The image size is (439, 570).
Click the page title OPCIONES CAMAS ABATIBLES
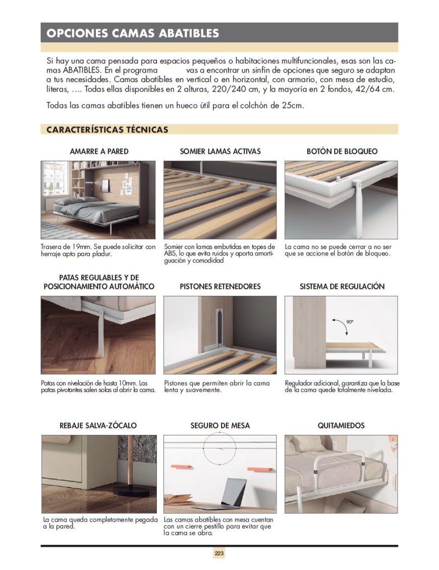[x=132, y=33]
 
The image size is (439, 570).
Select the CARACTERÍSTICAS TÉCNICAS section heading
[x=107, y=130]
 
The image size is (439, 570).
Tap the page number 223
[x=219, y=553]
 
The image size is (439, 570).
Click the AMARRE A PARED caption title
[x=99, y=151]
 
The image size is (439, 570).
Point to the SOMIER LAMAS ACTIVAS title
[x=220, y=151]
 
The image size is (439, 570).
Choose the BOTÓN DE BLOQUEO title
[x=342, y=151]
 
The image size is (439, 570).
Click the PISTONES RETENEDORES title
[x=220, y=286]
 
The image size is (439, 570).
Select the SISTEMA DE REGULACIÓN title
[x=342, y=286]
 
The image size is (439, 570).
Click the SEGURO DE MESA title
[x=220, y=425]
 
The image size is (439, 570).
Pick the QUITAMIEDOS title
[x=341, y=425]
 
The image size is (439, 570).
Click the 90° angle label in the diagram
[x=349, y=321]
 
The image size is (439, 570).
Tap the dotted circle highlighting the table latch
[x=219, y=448]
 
